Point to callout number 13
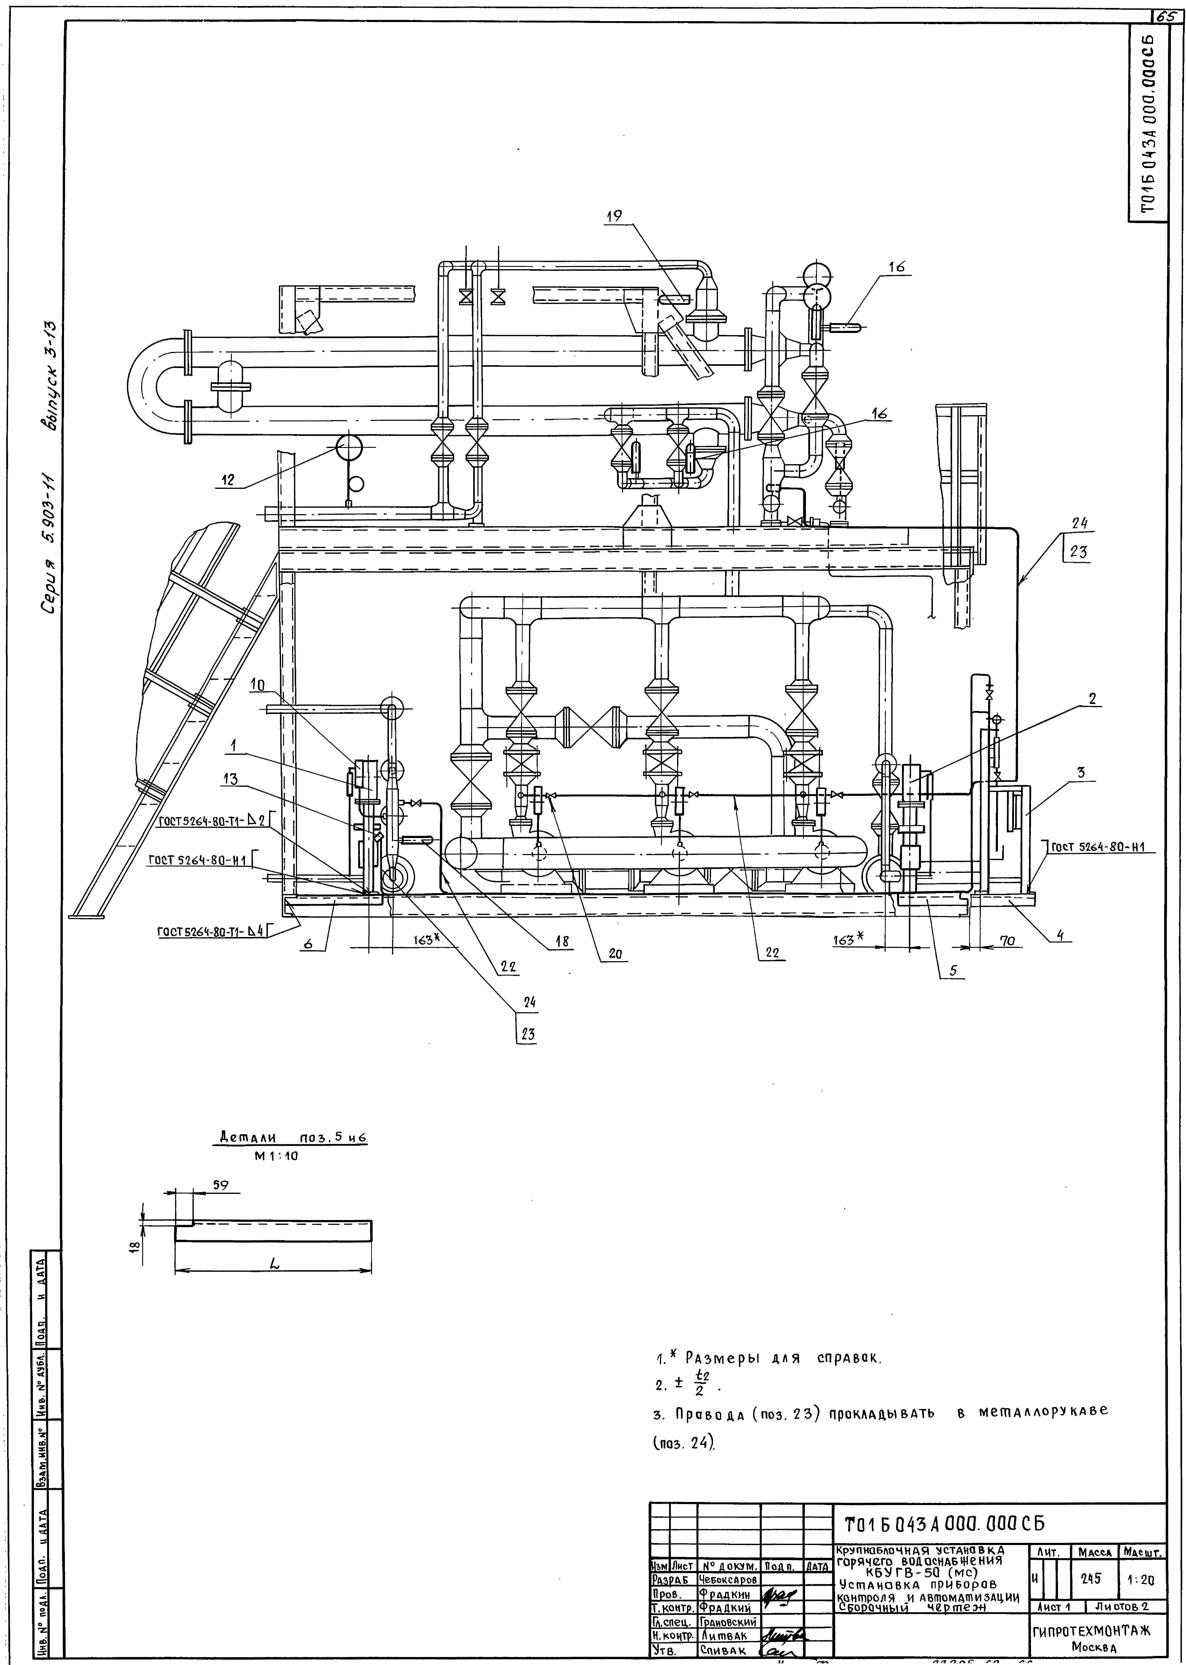pos(231,779)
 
